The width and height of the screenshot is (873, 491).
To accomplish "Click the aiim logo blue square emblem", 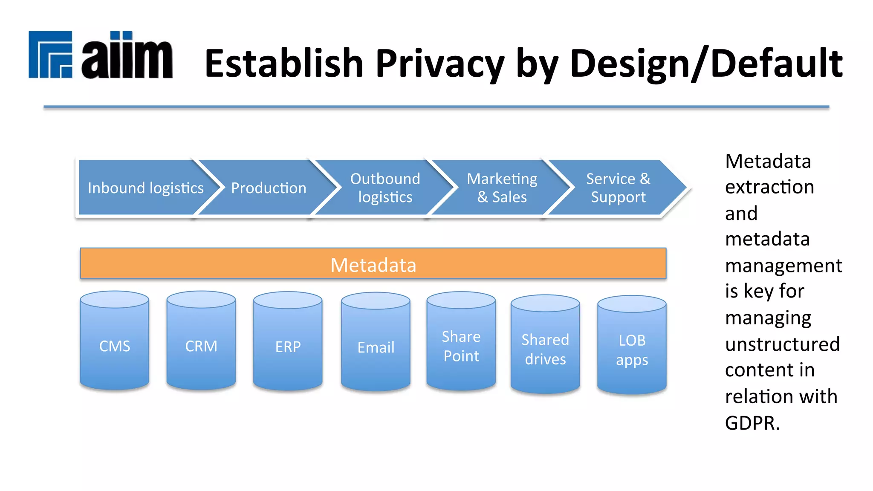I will coord(50,55).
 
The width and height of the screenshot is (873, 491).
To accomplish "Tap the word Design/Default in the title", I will coord(706,64).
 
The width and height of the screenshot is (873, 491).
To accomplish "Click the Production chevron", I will coord(269,188).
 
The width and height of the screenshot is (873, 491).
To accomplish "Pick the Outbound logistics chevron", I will coord(385,188).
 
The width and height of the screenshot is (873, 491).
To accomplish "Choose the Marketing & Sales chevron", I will coord(502,188).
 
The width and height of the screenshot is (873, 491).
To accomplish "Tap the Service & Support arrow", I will coord(618,188).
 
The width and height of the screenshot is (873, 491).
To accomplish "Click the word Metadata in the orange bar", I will coord(373,265).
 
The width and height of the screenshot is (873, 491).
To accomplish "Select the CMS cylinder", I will coord(115,346).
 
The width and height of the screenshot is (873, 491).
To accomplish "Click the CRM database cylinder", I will coord(201,346).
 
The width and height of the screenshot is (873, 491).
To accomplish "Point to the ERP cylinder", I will coord(288,347).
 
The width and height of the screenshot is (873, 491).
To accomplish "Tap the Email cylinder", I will coord(376,347).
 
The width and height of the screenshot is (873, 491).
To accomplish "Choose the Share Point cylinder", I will coord(461,346).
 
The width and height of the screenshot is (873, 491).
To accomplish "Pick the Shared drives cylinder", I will coord(545,349).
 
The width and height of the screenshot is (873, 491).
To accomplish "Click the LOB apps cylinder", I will coord(632,350).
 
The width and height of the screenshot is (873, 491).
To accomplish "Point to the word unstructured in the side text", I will coord(782,344).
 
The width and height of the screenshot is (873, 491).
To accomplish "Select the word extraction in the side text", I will coord(769,187).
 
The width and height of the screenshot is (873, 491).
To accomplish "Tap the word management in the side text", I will coord(783,266).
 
